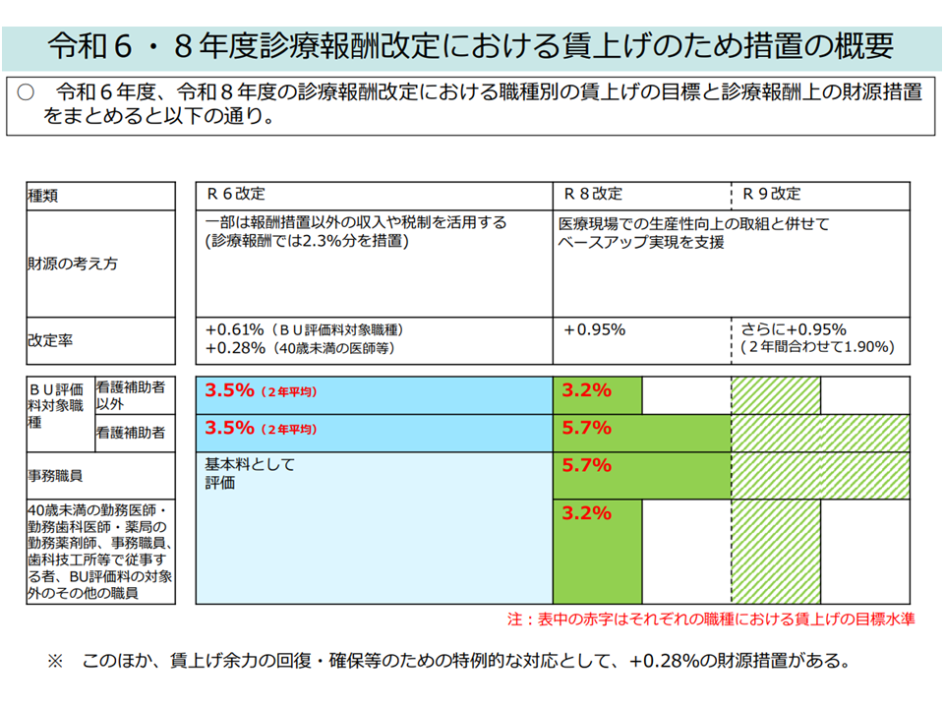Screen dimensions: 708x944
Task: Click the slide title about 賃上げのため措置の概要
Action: tap(471, 45)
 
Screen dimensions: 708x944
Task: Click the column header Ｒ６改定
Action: tap(235, 194)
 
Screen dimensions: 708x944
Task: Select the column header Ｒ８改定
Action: tap(592, 194)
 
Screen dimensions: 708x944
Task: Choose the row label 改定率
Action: tap(49, 341)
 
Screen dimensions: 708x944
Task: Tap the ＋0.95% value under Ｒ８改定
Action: tap(594, 330)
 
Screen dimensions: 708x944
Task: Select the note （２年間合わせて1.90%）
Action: tap(816, 348)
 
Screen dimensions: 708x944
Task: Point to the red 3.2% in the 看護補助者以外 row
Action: tap(586, 390)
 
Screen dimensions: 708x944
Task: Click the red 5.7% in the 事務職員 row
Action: tap(586, 465)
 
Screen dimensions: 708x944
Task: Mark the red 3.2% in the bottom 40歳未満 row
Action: tap(586, 513)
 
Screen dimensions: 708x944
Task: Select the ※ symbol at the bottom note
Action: tap(55, 661)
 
